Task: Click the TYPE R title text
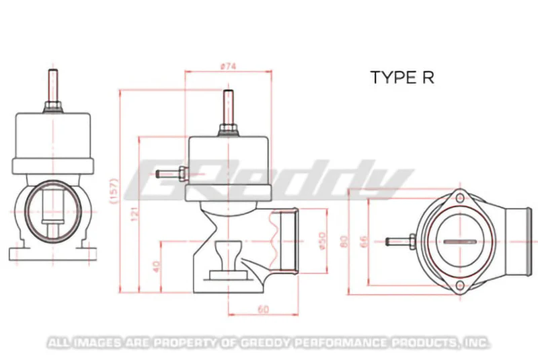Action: [402, 77]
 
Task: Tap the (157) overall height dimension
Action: [114, 192]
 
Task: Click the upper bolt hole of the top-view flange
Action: [459, 199]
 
